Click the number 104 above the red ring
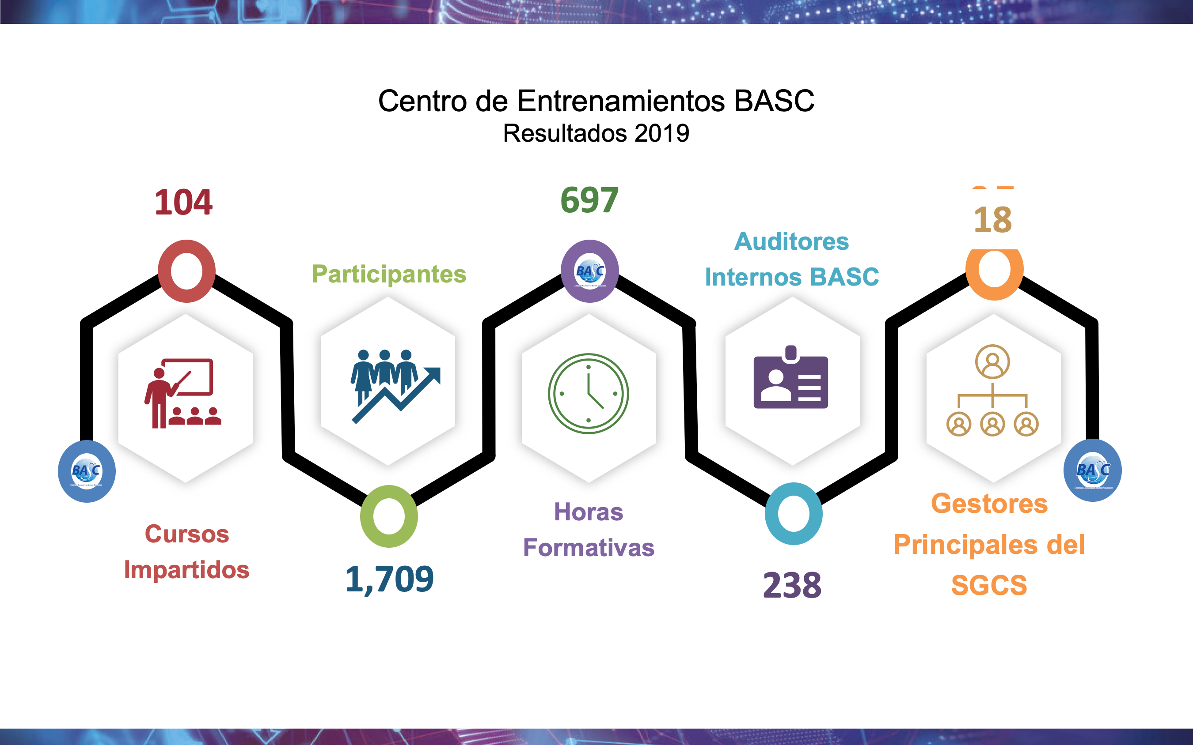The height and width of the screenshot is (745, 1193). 183,203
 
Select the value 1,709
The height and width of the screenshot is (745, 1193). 390,579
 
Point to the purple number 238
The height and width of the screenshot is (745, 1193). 792,585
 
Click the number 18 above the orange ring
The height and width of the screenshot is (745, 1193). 993,220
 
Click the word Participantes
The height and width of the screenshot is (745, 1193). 389,275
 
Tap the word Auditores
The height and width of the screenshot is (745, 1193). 791,241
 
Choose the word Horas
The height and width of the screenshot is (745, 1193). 589,512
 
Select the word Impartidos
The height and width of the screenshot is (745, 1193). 187,570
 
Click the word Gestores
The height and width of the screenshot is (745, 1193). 989,504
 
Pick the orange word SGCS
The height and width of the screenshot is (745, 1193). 989,585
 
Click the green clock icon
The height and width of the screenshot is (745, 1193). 589,394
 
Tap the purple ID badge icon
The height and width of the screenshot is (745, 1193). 790,377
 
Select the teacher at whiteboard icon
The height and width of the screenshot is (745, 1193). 183,393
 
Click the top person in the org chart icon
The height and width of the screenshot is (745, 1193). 992,361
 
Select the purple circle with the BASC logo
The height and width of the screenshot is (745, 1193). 590,271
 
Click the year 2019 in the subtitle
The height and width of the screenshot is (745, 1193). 662,133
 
